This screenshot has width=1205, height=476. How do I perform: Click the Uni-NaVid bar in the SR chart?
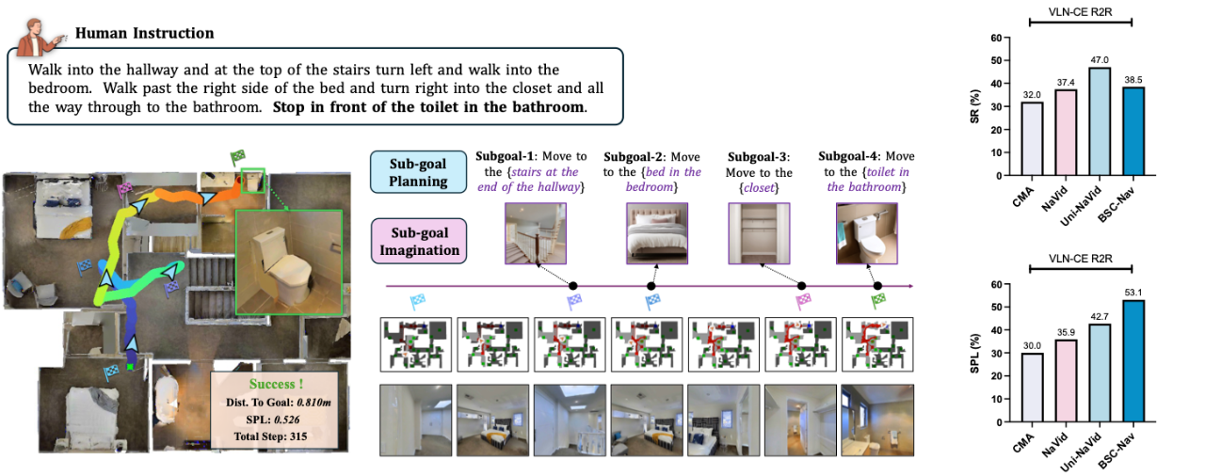pyautogui.click(x=1100, y=121)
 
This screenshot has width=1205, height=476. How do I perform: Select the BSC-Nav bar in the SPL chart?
pyautogui.click(x=1133, y=361)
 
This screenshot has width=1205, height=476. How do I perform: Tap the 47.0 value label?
pyautogui.click(x=1100, y=60)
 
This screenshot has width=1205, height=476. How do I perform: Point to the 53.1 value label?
pyautogui.click(x=1133, y=293)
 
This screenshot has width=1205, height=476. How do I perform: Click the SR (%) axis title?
pyautogui.click(x=974, y=106)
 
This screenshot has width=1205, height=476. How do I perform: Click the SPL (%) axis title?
pyautogui.click(x=974, y=353)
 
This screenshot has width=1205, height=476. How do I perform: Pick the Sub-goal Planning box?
pyautogui.click(x=419, y=172)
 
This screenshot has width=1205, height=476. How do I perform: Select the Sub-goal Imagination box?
pyautogui.click(x=419, y=241)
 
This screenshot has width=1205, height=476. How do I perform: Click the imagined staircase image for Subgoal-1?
pyautogui.click(x=536, y=233)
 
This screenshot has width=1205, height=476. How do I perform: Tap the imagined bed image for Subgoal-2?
pyautogui.click(x=657, y=233)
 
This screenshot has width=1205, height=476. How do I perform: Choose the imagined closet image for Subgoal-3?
pyautogui.click(x=759, y=233)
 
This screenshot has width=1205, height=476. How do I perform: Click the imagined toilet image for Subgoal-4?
pyautogui.click(x=867, y=233)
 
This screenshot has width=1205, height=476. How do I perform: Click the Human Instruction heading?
pyautogui.click(x=145, y=33)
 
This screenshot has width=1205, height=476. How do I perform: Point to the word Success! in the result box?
pyautogui.click(x=276, y=384)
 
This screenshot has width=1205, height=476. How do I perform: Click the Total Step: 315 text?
pyautogui.click(x=270, y=436)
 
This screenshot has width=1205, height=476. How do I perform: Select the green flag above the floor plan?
pyautogui.click(x=237, y=158)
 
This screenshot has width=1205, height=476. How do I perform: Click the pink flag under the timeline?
pyautogui.click(x=803, y=301)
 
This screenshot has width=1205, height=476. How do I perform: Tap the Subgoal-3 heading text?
pyautogui.click(x=759, y=157)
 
